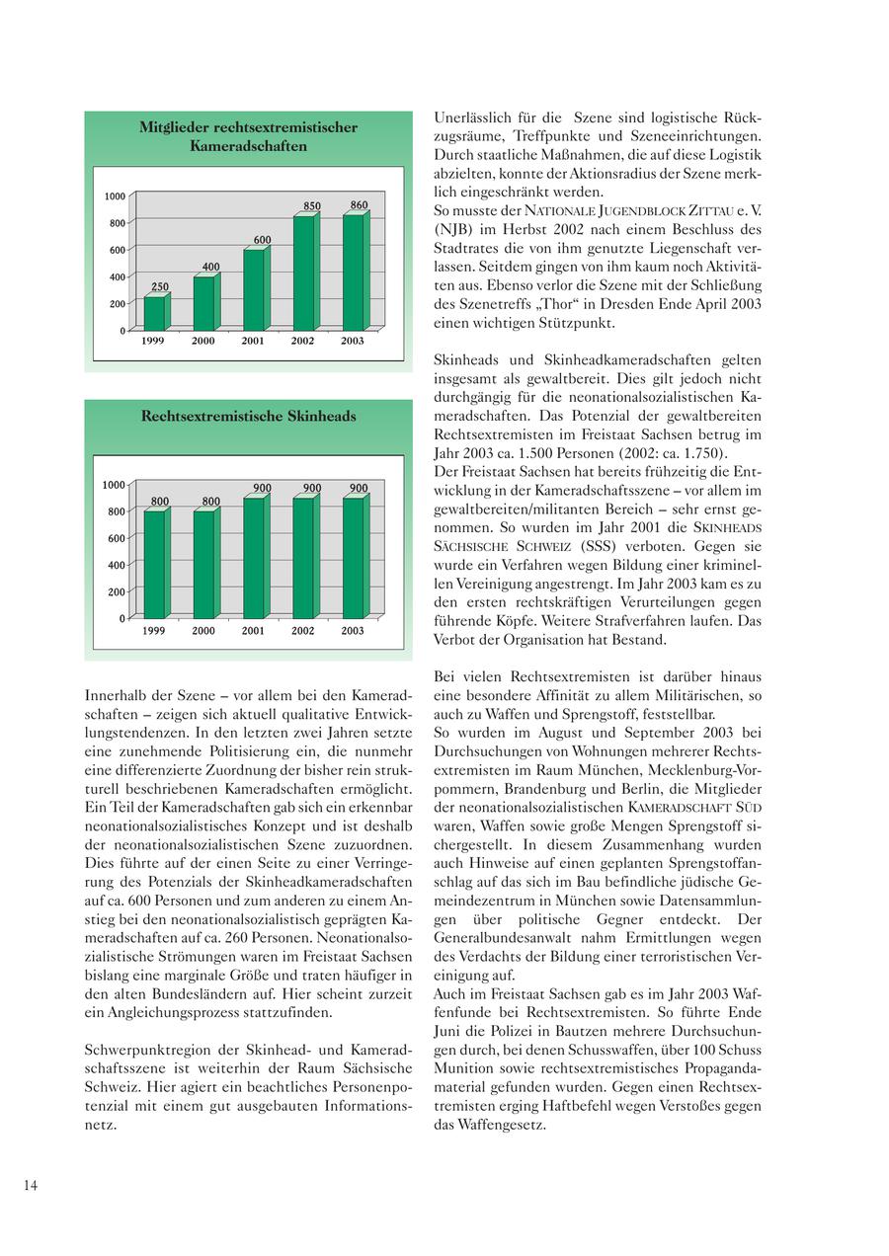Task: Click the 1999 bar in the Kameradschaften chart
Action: tap(155, 312)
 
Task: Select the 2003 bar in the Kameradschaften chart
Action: tap(354, 273)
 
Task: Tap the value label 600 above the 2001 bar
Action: tap(262, 240)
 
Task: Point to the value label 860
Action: tap(359, 205)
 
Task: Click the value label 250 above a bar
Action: tap(159, 286)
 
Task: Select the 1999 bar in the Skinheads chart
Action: tap(155, 565)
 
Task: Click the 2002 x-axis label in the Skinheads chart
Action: tap(303, 631)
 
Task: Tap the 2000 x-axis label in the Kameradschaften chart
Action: tap(203, 342)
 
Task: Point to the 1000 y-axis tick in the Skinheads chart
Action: tap(115, 485)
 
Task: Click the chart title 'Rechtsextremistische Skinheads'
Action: tap(248, 417)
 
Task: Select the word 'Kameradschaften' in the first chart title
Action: tap(249, 146)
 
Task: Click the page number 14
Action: tap(31, 1186)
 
